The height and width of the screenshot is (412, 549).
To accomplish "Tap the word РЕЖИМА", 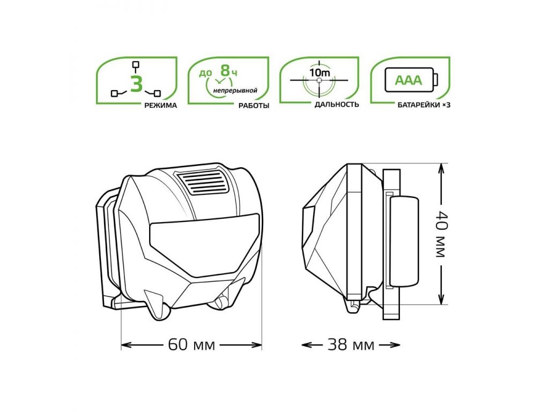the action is coord(161,106).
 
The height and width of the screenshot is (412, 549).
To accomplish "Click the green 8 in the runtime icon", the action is coord(225,70).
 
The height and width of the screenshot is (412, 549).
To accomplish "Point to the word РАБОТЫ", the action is coord(254,106).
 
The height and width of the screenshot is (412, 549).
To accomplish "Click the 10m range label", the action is coord(320,72).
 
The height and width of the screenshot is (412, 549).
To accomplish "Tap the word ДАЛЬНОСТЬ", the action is coord(337,105).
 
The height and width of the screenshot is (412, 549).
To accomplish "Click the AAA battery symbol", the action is coord(411,80).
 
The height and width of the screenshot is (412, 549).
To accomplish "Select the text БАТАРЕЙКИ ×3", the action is coord(424,105).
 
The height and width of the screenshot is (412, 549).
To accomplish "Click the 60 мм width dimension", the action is coord(191,345).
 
